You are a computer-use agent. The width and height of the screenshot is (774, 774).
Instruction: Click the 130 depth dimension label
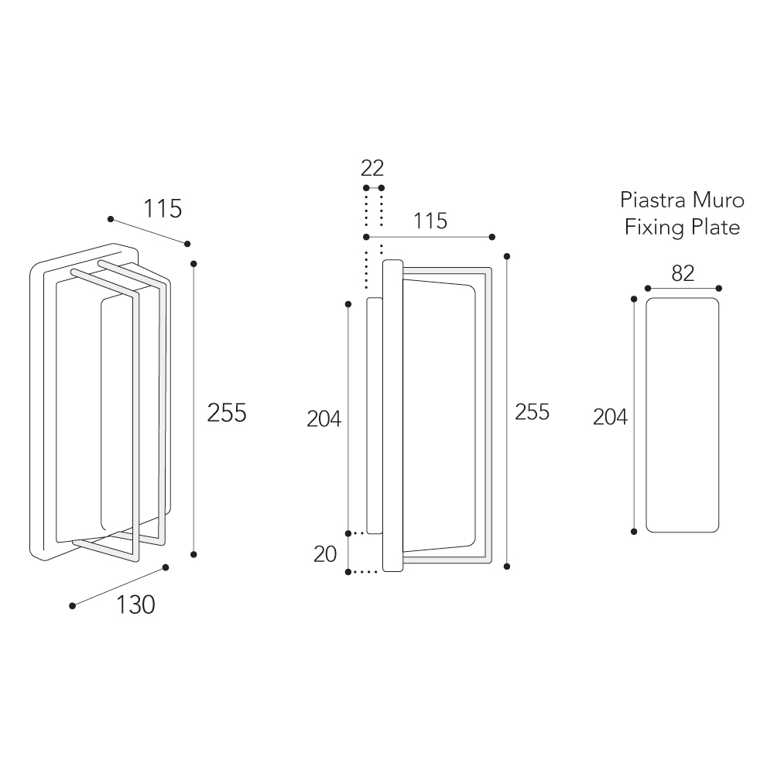click(x=135, y=604)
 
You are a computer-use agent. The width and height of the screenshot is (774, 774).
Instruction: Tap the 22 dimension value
click(x=372, y=168)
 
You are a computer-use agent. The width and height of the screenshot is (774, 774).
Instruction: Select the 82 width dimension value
click(x=683, y=273)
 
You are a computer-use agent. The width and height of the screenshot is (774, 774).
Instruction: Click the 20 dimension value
click(x=325, y=554)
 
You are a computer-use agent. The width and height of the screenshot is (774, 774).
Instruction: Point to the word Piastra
click(x=653, y=200)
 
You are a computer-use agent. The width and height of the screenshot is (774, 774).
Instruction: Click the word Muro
click(x=718, y=200)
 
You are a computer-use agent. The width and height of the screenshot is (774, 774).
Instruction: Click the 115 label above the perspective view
click(x=163, y=209)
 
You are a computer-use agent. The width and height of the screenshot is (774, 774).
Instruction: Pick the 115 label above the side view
click(x=430, y=221)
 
